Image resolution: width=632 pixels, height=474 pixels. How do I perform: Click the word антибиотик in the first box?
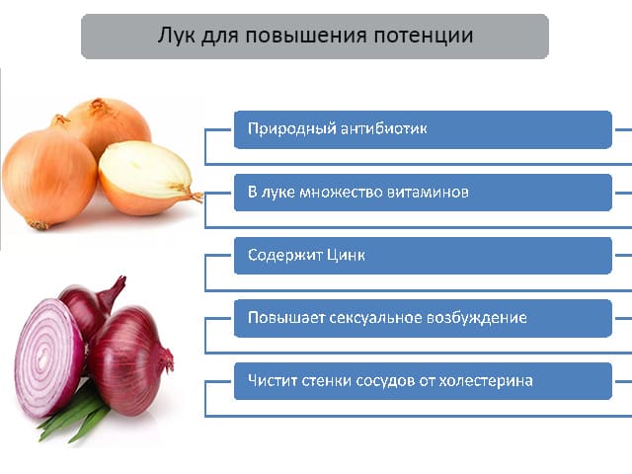pyautogui.click(x=383, y=129)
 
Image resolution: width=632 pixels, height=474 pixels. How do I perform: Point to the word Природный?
pyautogui.click(x=291, y=129)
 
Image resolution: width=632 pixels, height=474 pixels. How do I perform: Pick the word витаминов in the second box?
pyautogui.click(x=428, y=192)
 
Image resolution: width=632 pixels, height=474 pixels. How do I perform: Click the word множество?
pyautogui.click(x=340, y=192)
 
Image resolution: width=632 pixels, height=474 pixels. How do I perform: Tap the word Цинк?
pyautogui.click(x=346, y=255)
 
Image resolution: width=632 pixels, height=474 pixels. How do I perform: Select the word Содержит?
pyautogui.click(x=285, y=255)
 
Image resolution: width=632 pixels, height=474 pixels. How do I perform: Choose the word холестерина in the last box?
pyautogui.click(x=485, y=381)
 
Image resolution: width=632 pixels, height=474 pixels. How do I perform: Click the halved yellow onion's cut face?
pyautogui.click(x=143, y=169)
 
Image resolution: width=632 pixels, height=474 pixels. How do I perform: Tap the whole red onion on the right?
pyautogui.click(x=129, y=360)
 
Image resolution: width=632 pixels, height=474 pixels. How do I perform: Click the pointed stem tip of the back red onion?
pyautogui.click(x=122, y=278)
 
